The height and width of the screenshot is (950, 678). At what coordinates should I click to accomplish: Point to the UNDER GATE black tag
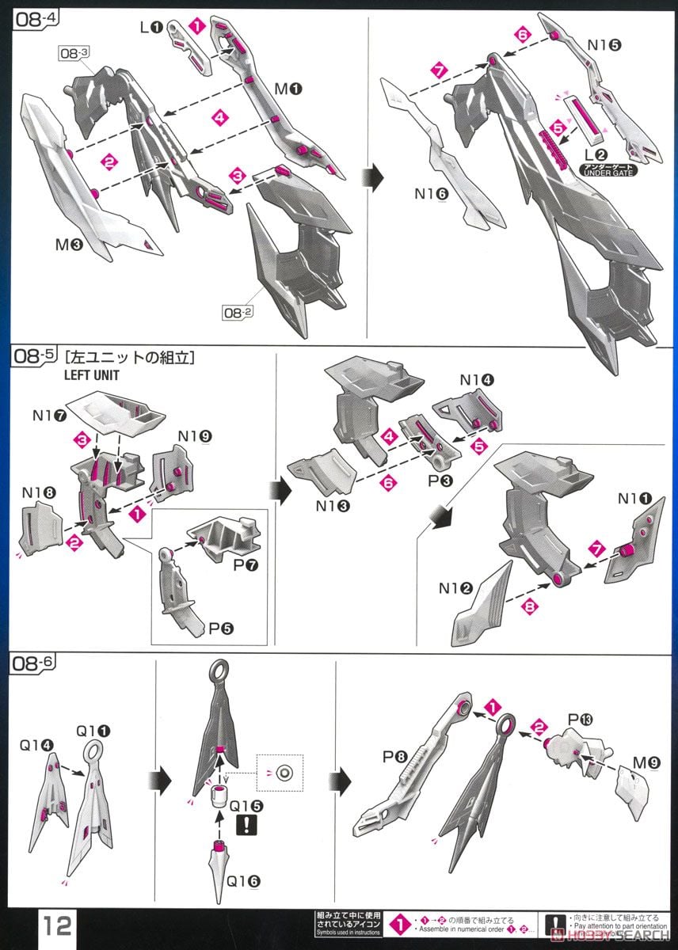(x=608, y=169)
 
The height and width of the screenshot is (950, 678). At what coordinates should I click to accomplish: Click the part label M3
(x=68, y=245)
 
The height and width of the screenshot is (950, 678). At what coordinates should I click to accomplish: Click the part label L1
(x=150, y=28)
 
